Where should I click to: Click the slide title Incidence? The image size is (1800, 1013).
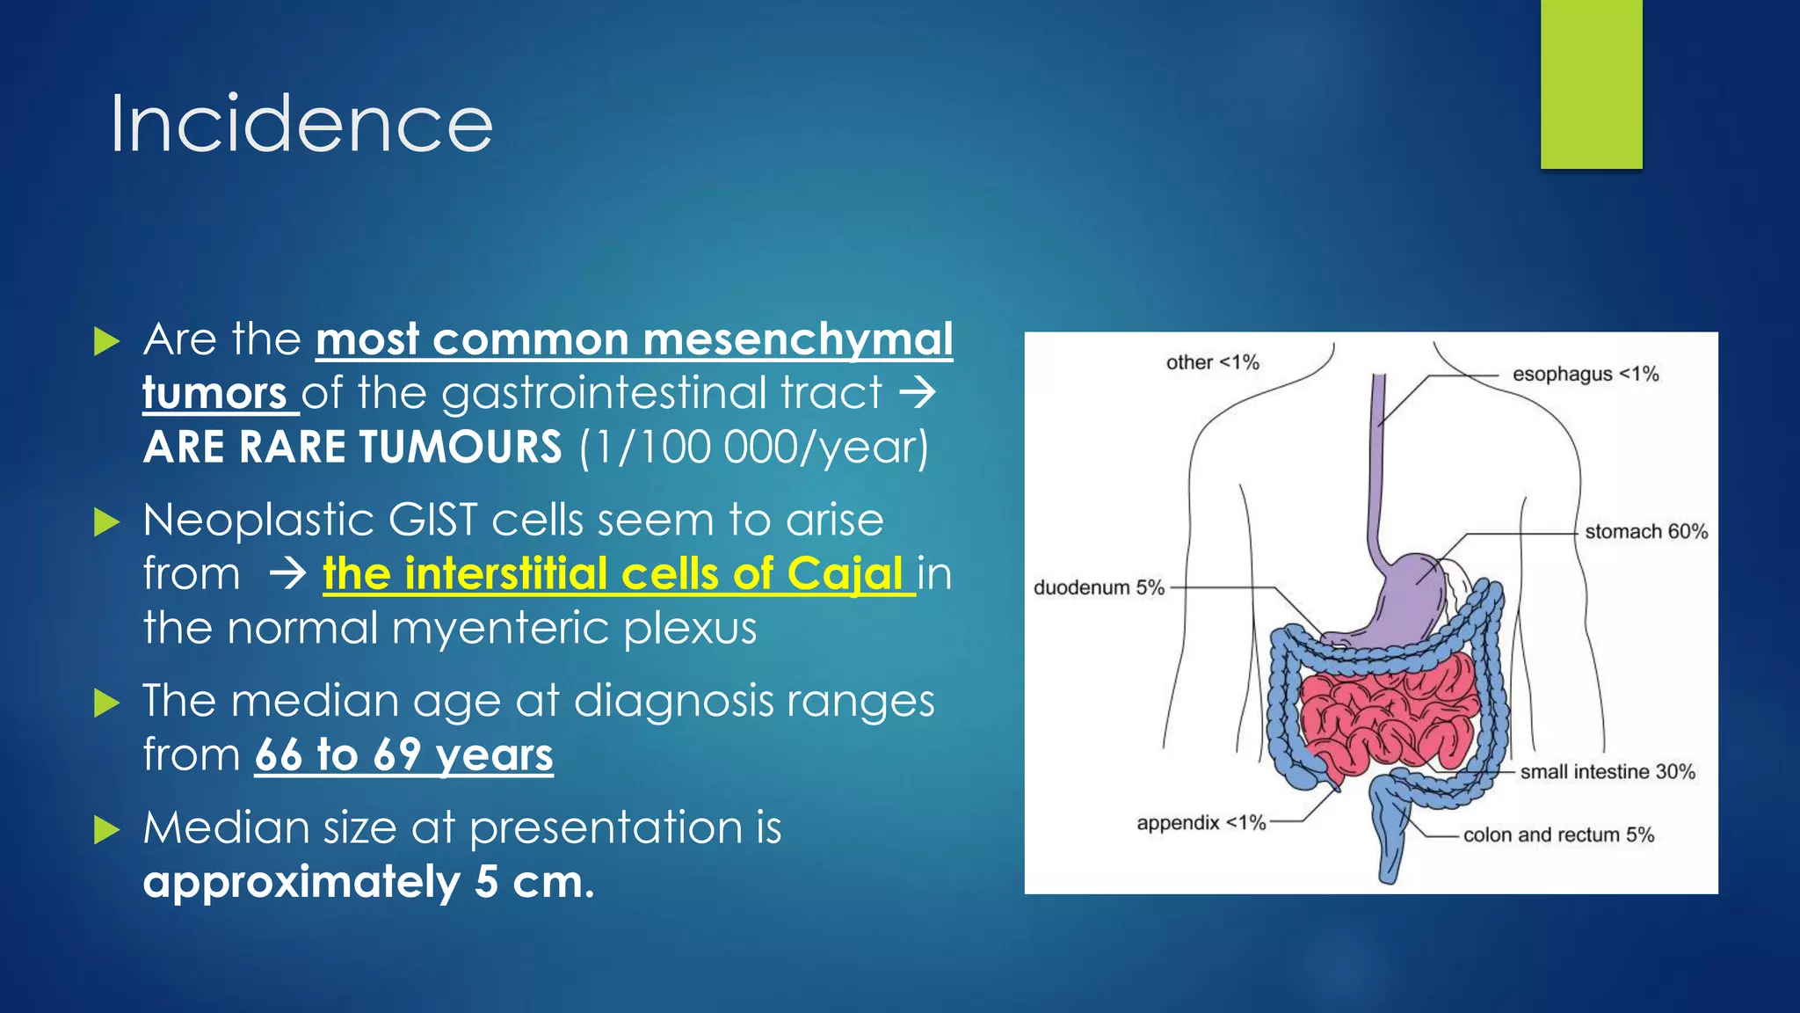point(301,125)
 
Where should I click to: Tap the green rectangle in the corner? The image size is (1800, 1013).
point(1591,84)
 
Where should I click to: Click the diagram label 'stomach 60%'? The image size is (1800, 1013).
point(1646,531)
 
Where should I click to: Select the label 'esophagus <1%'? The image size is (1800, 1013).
point(1586,374)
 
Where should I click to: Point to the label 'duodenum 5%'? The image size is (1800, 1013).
point(1099,587)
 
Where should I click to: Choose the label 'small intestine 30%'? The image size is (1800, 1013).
point(1608,771)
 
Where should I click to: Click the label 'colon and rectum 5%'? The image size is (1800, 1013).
point(1558,834)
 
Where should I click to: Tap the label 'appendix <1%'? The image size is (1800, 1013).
point(1201,822)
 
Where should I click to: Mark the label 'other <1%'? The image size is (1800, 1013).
point(1212,362)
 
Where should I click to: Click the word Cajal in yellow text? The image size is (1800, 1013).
point(845,574)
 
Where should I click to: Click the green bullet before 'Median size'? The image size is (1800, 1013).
point(106,828)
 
